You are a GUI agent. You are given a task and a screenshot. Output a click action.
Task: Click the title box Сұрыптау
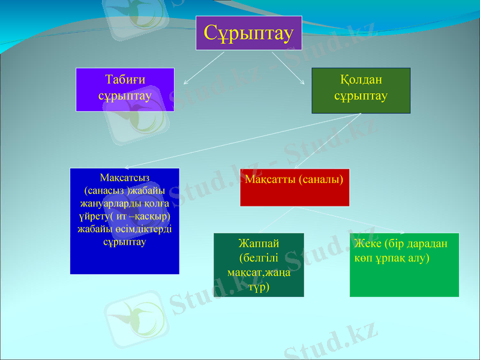tap(249, 33)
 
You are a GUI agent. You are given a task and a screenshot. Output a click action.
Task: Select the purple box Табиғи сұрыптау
tap(125, 89)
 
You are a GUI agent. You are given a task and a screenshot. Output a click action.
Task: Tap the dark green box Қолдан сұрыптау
tap(361, 91)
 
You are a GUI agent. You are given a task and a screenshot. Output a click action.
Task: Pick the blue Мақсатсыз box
tap(125, 221)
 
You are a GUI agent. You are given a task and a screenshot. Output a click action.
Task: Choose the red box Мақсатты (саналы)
tap(295, 188)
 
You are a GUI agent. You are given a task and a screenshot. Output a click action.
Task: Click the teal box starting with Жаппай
tap(259, 265)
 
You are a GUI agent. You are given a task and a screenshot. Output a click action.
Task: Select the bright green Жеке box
tap(404, 265)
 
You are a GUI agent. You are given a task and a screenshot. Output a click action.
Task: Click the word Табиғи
tap(125, 80)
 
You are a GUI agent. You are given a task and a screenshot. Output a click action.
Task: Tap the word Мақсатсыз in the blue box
tap(125, 177)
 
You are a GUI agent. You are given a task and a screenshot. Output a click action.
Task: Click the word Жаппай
tap(259, 244)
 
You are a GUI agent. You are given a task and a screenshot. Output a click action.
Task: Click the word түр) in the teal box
tap(259, 287)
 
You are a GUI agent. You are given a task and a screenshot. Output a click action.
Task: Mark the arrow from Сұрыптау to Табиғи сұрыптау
tap(204, 67)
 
